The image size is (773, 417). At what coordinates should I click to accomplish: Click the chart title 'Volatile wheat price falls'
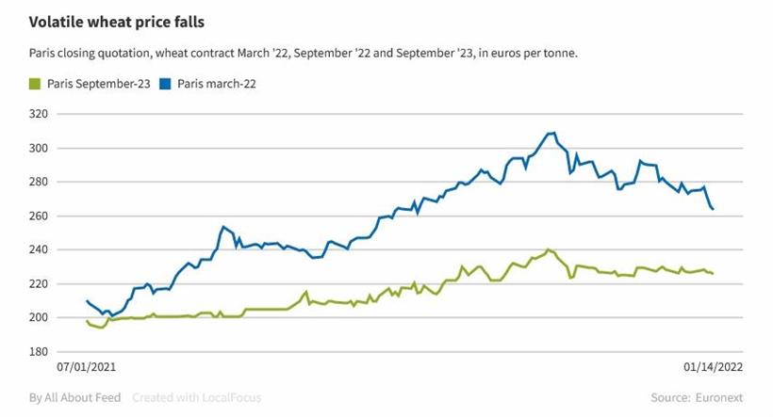[117, 21]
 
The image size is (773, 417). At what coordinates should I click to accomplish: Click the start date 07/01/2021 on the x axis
[87, 367]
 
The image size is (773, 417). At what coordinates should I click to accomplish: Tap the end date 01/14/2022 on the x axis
[713, 367]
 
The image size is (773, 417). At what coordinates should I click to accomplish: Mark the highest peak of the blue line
[553, 133]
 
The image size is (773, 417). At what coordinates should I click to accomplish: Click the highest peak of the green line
[548, 249]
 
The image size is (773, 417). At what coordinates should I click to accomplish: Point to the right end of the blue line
[713, 209]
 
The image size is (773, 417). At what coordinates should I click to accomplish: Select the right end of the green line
[713, 273]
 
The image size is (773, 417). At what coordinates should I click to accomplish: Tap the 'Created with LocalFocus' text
[196, 397]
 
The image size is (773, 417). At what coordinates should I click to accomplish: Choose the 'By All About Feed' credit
[75, 397]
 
